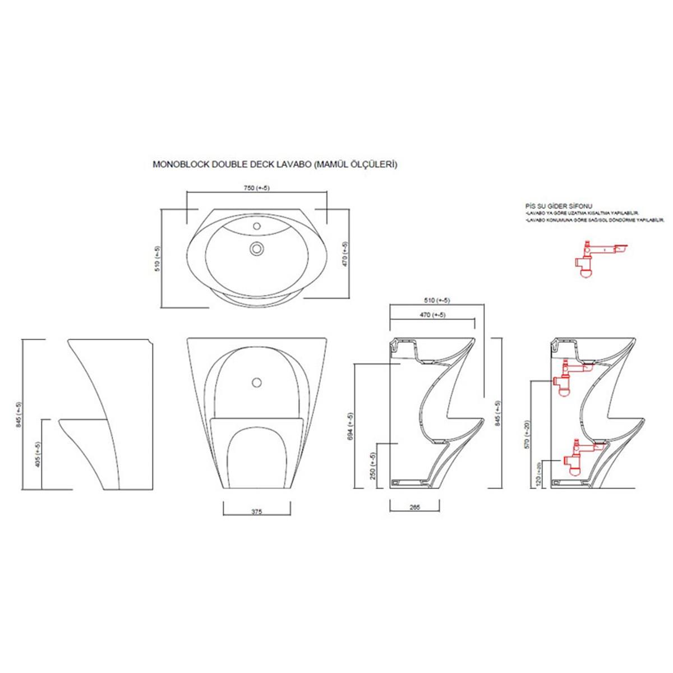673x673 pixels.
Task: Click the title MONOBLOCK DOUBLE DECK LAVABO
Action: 275,165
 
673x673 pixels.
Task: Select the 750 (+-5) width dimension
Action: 256,188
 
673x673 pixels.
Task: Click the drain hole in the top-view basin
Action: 257,247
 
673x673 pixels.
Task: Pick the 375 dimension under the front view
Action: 256,511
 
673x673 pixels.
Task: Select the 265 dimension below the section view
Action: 415,507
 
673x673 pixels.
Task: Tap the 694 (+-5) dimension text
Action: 351,426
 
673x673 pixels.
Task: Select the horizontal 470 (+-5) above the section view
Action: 432,315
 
